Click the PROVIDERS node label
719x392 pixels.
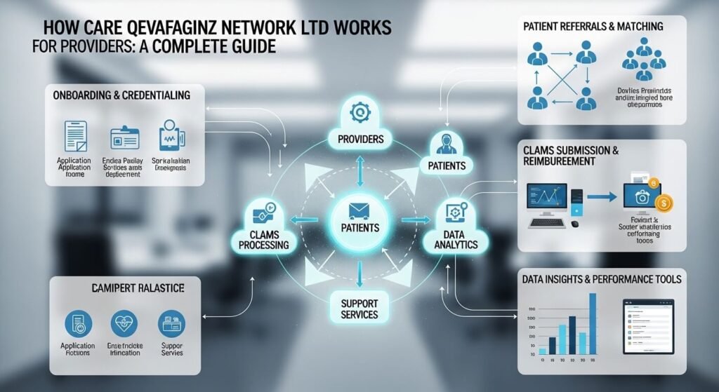pyautogui.click(x=359, y=139)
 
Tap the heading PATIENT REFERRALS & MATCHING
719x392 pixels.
pyautogui.click(x=593, y=27)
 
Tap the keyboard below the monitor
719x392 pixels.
pyautogui.click(x=547, y=223)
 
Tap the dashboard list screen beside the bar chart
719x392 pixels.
pyautogui.click(x=647, y=327)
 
